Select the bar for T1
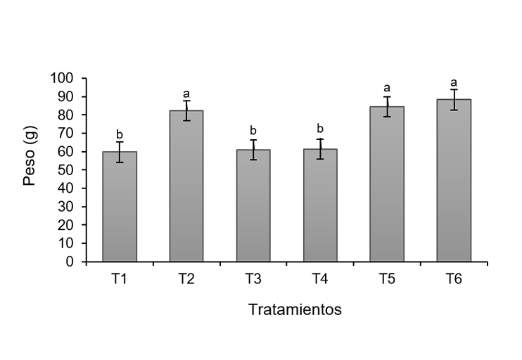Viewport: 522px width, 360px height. coord(120,207)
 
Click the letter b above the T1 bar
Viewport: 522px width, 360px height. coord(120,134)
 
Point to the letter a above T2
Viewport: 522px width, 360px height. coord(186,94)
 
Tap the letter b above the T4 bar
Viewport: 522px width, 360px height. coord(320,129)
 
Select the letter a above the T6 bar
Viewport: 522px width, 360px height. coord(454,82)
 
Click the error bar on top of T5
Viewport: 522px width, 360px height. coord(387,106)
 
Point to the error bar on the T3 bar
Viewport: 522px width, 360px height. coord(253,150)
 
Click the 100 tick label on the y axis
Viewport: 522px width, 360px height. coord(67,78)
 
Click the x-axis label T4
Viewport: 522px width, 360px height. coord(320,279)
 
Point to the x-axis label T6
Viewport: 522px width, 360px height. coord(454,279)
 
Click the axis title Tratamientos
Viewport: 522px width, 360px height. coord(295,309)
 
